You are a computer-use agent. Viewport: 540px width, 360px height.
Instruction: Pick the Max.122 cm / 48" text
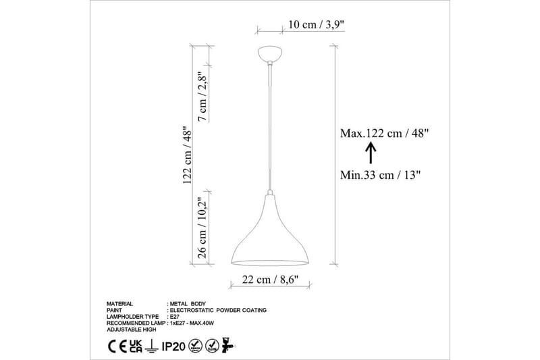tap(385, 133)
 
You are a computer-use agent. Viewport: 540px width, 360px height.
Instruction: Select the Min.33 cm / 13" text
tap(381, 175)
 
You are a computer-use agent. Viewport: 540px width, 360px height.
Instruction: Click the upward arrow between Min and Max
tap(370, 154)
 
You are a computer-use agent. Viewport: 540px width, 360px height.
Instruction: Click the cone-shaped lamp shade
tap(271, 236)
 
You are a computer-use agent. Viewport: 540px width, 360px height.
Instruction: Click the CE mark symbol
tap(116, 347)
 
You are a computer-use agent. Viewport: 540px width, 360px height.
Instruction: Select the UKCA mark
tap(136, 347)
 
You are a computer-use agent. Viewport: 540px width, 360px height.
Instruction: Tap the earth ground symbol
tap(153, 347)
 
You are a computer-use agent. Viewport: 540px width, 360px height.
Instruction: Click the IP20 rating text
tap(174, 347)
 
